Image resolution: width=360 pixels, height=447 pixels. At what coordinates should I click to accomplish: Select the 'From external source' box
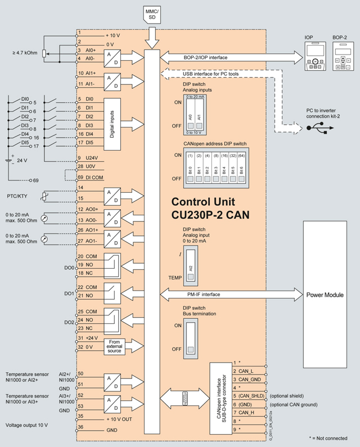pos(114,346)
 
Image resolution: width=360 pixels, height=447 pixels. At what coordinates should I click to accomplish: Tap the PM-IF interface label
pos(204,294)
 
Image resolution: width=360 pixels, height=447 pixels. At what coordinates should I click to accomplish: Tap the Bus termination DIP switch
pos(192,337)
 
